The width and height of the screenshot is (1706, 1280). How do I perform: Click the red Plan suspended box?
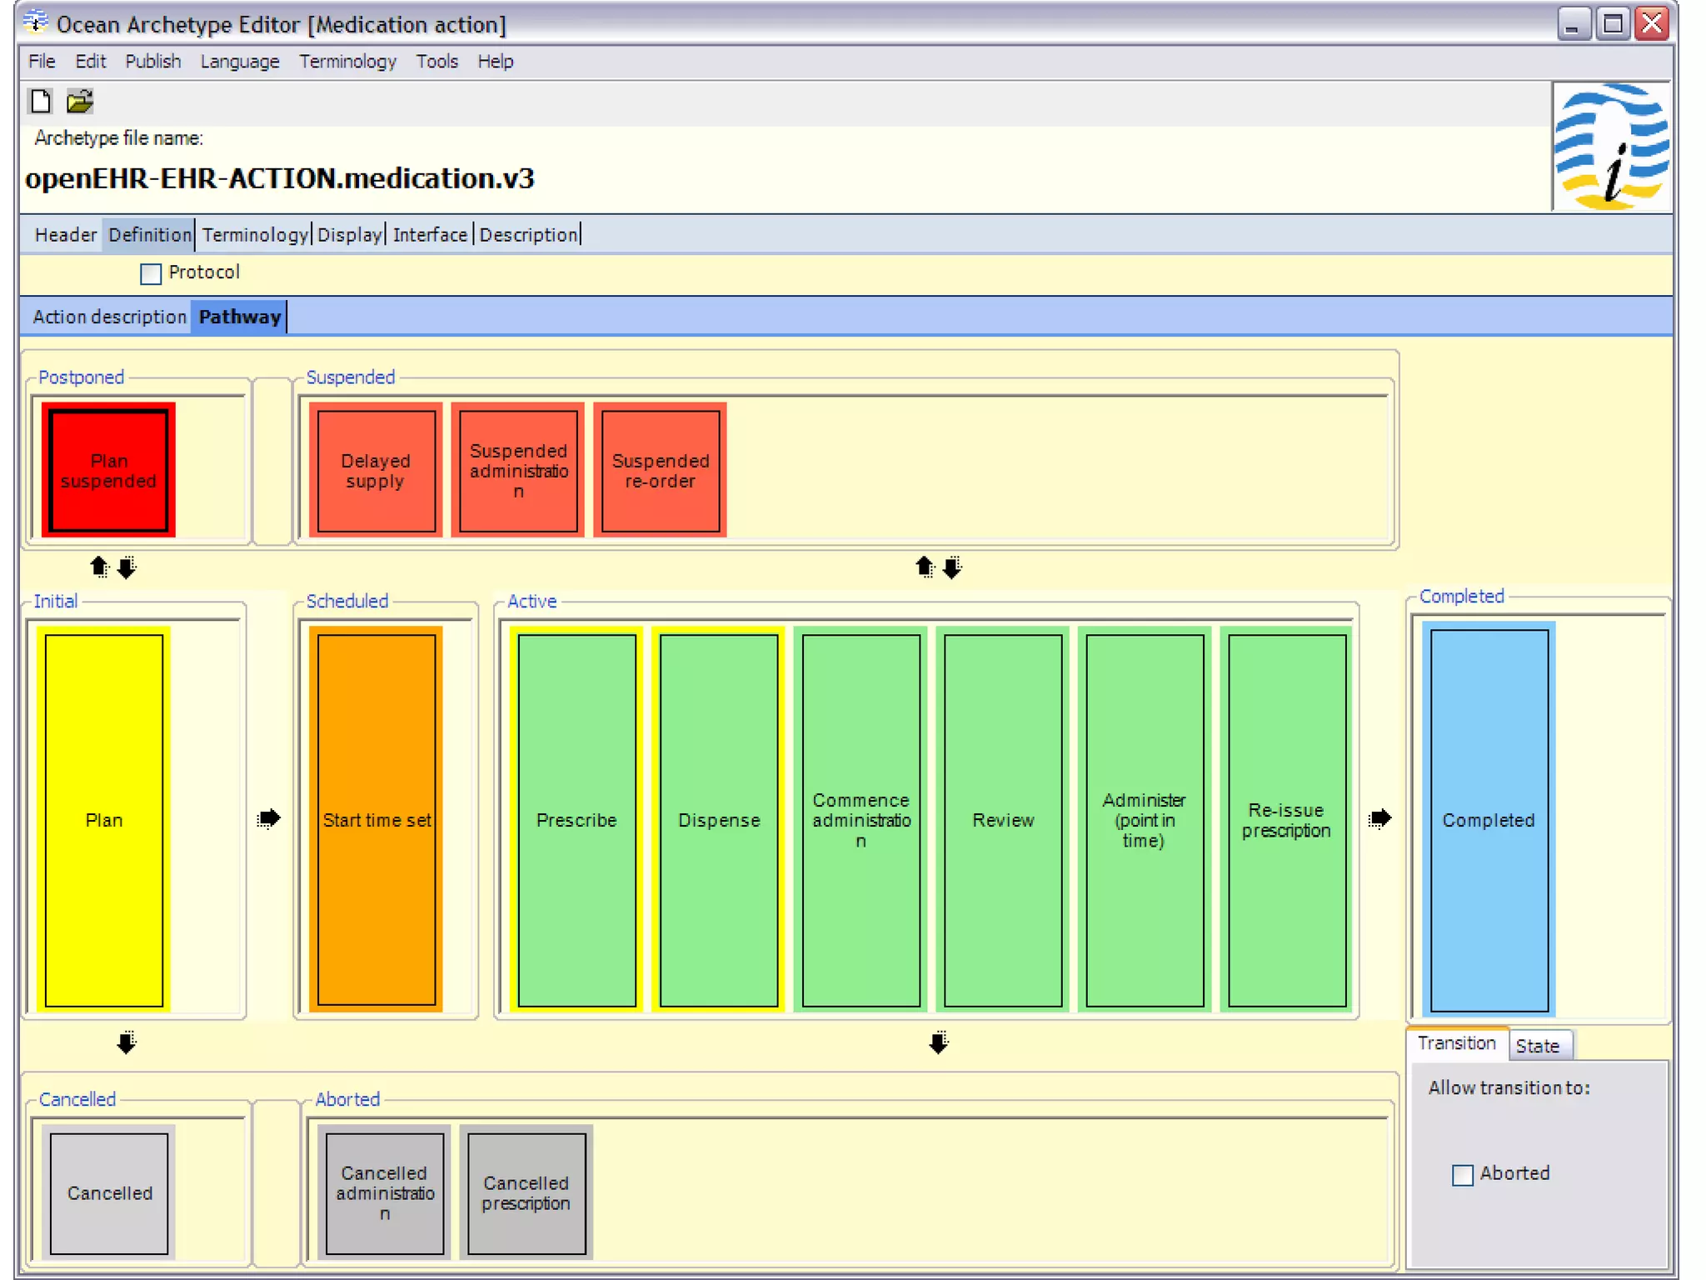pyautogui.click(x=108, y=471)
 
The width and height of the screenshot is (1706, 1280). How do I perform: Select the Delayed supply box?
pyautogui.click(x=376, y=471)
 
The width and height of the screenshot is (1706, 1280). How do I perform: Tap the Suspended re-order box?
pyautogui.click(x=660, y=471)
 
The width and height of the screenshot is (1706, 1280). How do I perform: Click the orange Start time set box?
pyautogui.click(x=377, y=820)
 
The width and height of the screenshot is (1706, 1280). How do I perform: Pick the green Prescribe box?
pyautogui.click(x=576, y=820)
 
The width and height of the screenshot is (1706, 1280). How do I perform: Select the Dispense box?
pyautogui.click(x=719, y=820)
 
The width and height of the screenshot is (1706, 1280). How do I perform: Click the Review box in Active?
pyautogui.click(x=1003, y=820)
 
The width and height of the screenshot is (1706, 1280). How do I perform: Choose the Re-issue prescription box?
pyautogui.click(x=1286, y=820)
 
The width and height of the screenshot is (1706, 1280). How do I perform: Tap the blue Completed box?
pyautogui.click(x=1489, y=820)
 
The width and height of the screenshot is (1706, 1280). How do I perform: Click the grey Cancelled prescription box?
pyautogui.click(x=526, y=1192)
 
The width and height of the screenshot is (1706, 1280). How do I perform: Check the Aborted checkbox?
pyautogui.click(x=1462, y=1175)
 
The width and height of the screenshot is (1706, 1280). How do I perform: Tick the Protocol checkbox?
pyautogui.click(x=151, y=273)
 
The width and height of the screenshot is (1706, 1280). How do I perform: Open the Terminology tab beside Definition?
pyautogui.click(x=255, y=235)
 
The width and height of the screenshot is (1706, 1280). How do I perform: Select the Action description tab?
pyautogui.click(x=109, y=317)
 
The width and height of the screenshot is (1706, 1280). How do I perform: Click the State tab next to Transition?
pyautogui.click(x=1537, y=1046)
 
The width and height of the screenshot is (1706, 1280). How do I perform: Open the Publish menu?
pyautogui.click(x=152, y=62)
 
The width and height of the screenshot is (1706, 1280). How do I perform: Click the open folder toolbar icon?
pyautogui.click(x=80, y=102)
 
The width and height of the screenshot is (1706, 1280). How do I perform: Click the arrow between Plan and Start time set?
pyautogui.click(x=268, y=818)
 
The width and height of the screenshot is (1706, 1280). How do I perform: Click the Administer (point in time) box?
pyautogui.click(x=1144, y=820)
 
